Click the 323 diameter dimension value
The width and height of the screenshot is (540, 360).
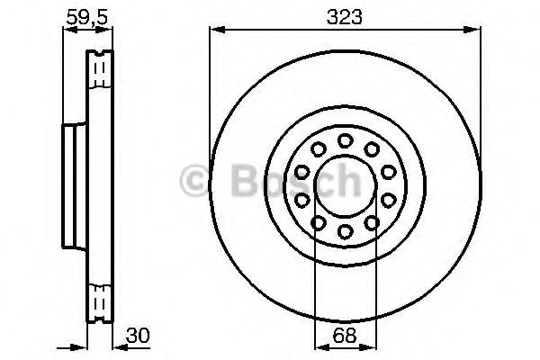(345, 16)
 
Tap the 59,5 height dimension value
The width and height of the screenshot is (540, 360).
(87, 17)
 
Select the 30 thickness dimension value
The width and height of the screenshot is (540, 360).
(138, 335)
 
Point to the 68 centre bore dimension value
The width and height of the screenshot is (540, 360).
(345, 335)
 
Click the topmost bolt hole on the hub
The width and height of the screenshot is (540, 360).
(345, 140)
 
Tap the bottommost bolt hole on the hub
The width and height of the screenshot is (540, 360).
(345, 230)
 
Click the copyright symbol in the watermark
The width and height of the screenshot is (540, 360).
(194, 181)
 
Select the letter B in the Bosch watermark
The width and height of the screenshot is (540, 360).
(244, 179)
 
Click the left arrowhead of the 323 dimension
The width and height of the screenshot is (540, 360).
(217, 31)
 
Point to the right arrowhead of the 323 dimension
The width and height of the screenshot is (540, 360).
(472, 31)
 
